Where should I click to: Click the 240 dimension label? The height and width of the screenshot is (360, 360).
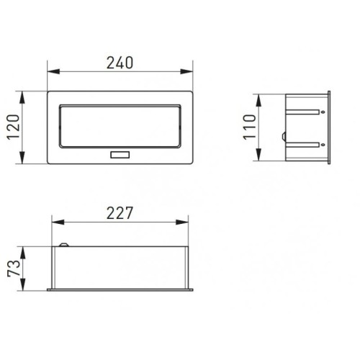[120, 63]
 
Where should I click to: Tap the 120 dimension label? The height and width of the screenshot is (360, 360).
[13, 127]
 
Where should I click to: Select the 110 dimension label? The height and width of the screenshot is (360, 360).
[249, 127]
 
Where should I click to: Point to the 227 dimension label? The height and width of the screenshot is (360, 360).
[120, 213]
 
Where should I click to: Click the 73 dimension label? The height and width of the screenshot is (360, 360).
[14, 268]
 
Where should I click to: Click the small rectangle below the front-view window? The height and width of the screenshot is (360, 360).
[120, 155]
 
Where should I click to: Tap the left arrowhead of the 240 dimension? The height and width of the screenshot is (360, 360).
[53, 71]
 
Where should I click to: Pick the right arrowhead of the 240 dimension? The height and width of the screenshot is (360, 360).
[186, 71]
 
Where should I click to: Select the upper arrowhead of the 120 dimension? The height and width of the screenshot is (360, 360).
[22, 97]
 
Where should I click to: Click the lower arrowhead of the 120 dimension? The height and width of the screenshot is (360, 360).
[22, 158]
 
